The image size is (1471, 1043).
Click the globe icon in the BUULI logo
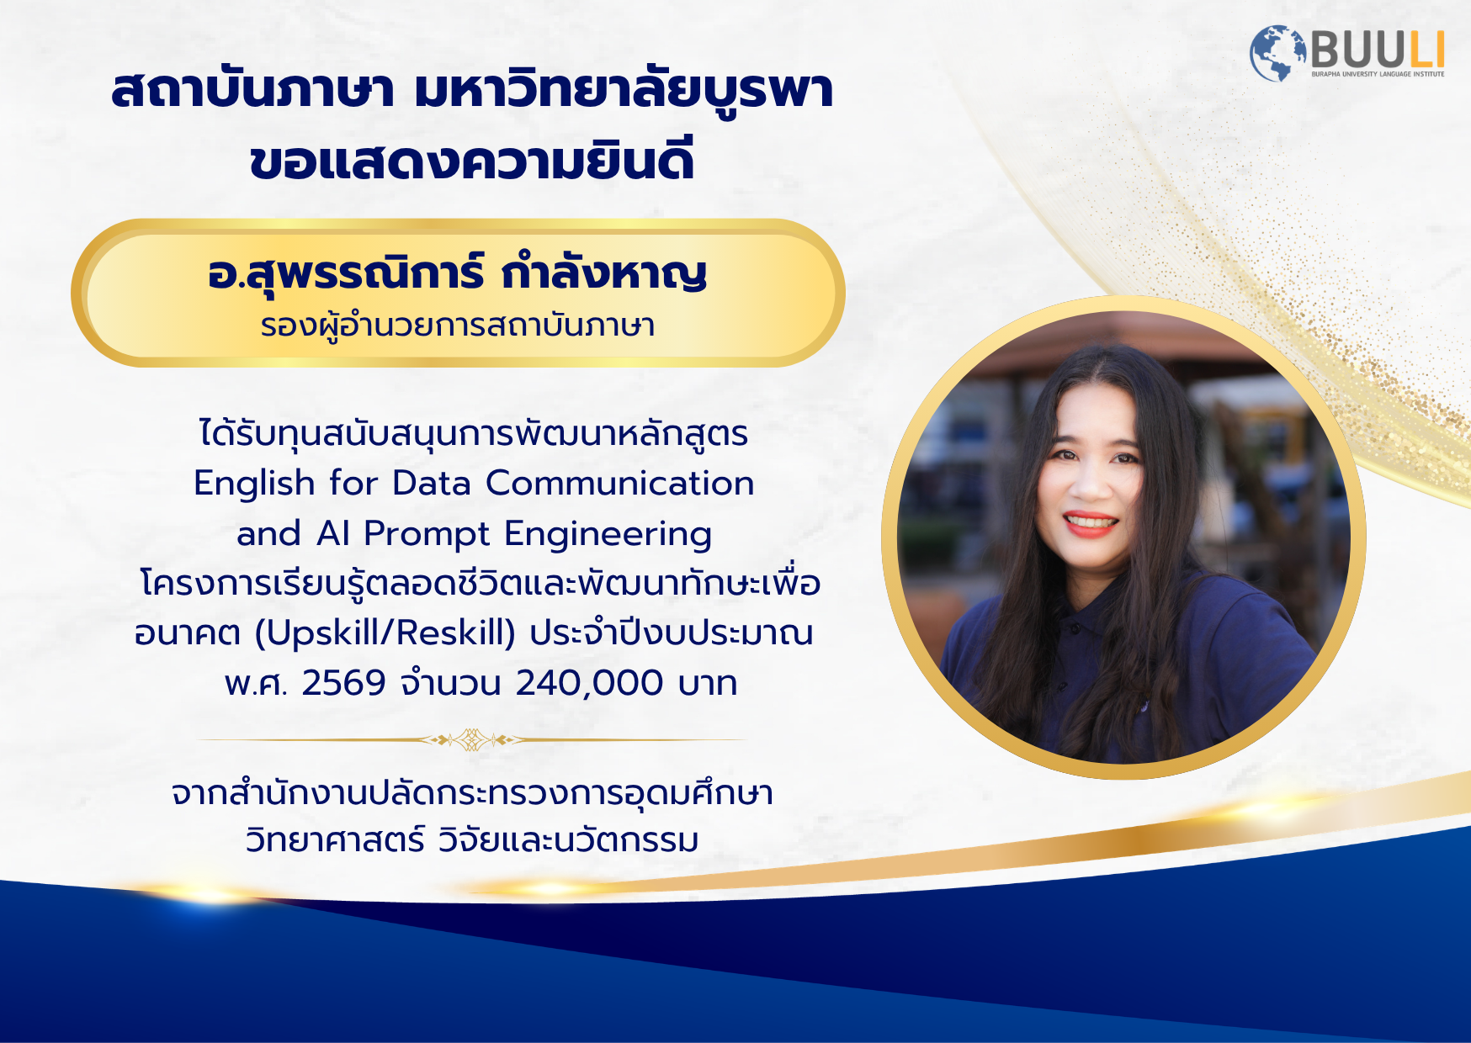1276,53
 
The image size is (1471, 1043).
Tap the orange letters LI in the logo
1426,50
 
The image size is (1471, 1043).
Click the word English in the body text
254,484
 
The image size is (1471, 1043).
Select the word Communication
619,483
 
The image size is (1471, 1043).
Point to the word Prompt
427,535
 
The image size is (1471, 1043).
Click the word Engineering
608,535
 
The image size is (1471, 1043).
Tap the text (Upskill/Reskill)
385,633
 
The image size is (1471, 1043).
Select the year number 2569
343,683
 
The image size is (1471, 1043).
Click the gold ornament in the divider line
472,740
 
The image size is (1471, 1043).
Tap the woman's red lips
1091,523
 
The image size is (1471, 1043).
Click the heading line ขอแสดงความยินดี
472,161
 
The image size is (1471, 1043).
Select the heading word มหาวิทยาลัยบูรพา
624,90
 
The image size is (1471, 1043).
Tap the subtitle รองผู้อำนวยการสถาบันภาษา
458,326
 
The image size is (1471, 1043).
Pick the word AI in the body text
333,534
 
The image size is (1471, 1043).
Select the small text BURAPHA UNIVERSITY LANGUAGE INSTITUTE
1378,74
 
